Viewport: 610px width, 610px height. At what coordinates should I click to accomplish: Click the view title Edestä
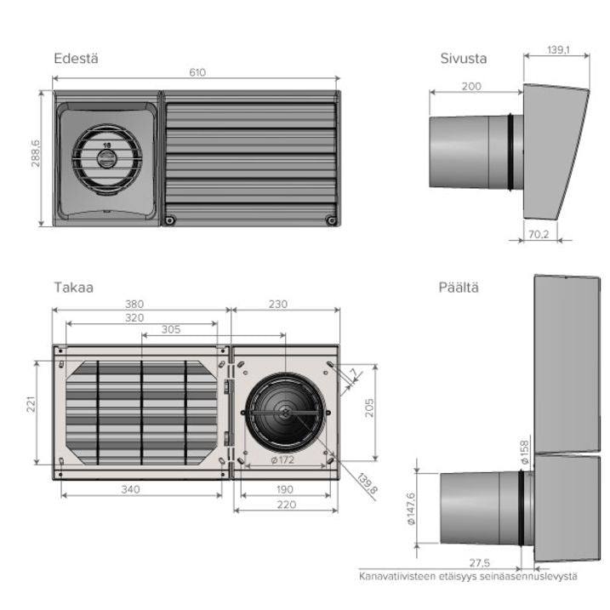77,59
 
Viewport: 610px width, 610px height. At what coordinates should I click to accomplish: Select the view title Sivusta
463,59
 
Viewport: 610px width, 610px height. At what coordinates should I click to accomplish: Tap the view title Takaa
73,288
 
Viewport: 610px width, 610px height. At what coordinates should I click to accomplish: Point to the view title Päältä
459,288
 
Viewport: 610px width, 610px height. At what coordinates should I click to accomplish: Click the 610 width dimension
197,73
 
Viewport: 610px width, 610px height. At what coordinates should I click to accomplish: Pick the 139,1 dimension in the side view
558,51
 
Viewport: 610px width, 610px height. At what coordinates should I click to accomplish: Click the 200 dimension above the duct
471,86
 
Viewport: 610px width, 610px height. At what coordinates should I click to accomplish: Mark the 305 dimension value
170,329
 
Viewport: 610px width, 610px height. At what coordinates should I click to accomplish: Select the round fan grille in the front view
107,159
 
